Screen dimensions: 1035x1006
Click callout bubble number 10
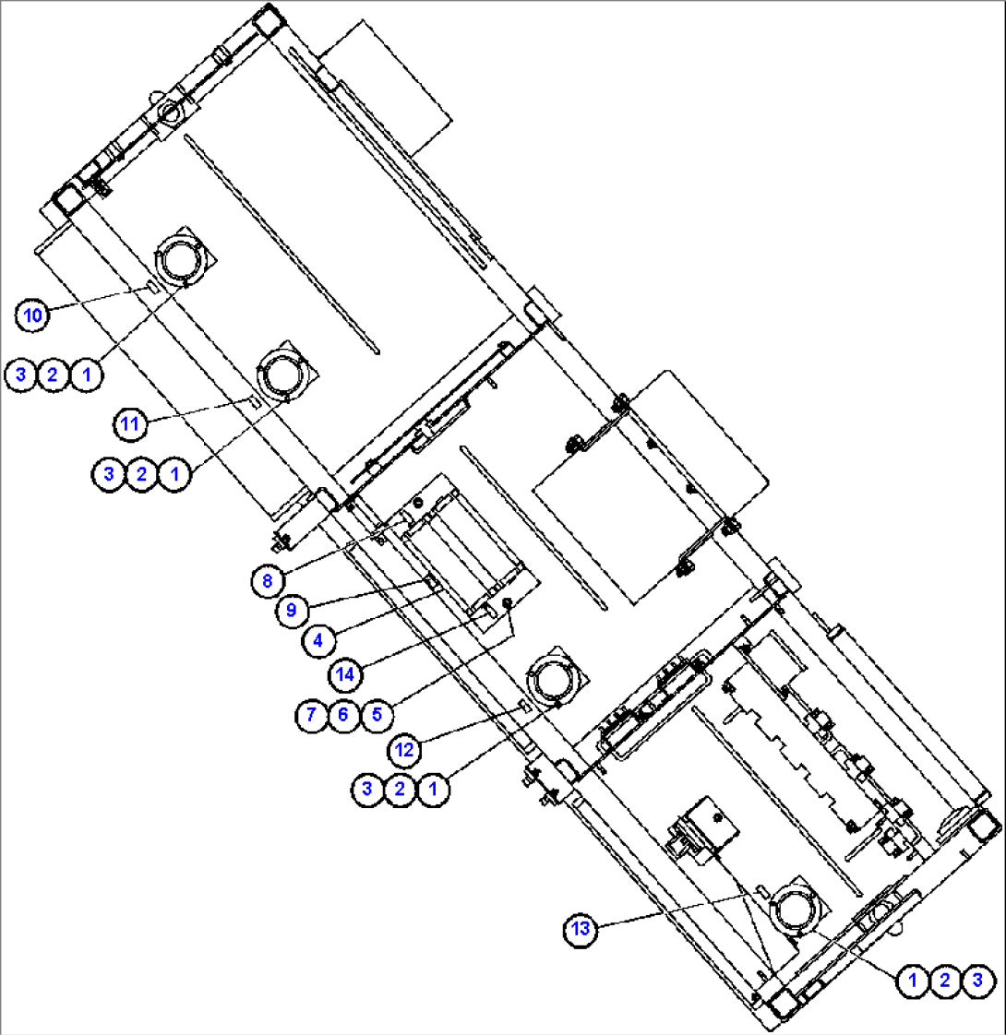(32, 315)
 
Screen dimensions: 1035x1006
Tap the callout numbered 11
(130, 423)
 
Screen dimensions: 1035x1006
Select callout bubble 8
(266, 580)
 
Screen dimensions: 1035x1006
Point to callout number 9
(292, 609)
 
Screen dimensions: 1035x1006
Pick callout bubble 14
(344, 673)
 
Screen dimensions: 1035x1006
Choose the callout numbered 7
(310, 714)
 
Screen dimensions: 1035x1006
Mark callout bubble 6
(342, 714)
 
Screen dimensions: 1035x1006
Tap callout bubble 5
(374, 714)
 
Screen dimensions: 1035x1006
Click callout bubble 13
(580, 930)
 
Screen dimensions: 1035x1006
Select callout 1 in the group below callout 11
(174, 475)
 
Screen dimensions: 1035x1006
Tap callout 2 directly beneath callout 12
(400, 790)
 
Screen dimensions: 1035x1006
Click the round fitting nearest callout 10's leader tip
(183, 259)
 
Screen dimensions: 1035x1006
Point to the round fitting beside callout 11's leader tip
(285, 375)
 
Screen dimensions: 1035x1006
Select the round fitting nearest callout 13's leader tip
(794, 910)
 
